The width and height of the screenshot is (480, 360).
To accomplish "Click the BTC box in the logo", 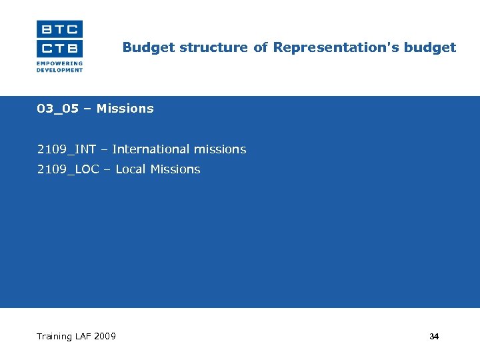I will [x=59, y=29].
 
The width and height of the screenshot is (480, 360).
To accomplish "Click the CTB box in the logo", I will [x=59, y=48].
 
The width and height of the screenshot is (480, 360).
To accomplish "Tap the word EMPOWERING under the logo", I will [x=59, y=64].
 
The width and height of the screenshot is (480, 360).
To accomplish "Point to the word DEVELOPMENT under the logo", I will [x=59, y=70].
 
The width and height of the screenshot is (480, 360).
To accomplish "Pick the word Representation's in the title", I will [x=327, y=47].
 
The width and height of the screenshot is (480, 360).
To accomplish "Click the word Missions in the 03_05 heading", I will [x=125, y=109].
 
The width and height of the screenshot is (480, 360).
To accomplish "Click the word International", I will [x=151, y=149].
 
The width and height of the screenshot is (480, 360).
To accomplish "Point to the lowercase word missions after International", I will [x=220, y=149].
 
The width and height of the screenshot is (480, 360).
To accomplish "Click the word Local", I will [x=131, y=169].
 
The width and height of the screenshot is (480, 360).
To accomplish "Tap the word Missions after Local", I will [x=175, y=169].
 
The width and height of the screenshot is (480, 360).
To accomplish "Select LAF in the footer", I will [x=83, y=336].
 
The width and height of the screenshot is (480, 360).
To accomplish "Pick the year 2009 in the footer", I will [x=105, y=336].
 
